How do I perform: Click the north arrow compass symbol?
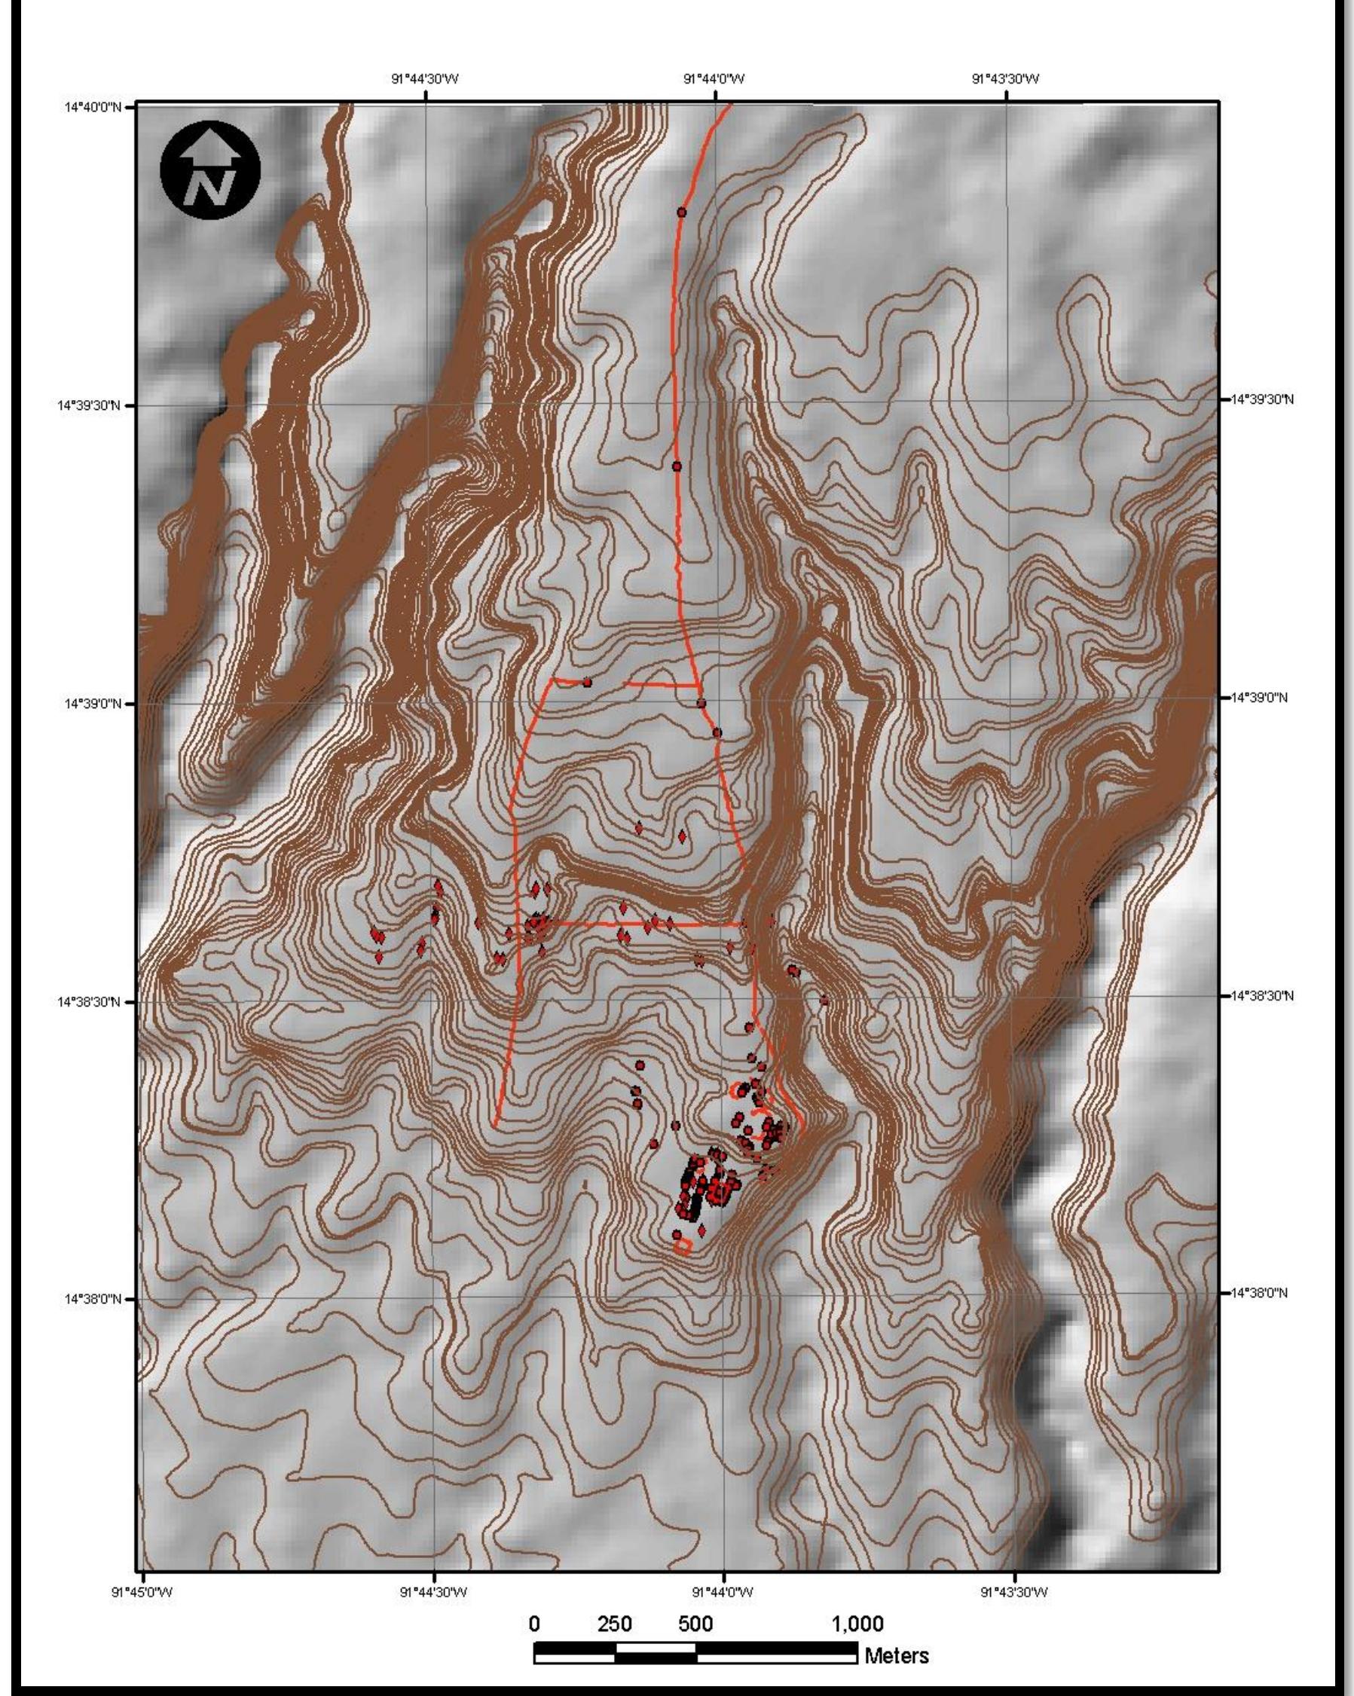click(209, 170)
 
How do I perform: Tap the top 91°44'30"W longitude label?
click(425, 78)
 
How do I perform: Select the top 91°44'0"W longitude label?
click(714, 78)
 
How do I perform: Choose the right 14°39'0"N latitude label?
click(1260, 698)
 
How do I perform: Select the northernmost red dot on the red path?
click(681, 212)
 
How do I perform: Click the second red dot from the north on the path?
click(677, 466)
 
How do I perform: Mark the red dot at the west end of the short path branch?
click(587, 682)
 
